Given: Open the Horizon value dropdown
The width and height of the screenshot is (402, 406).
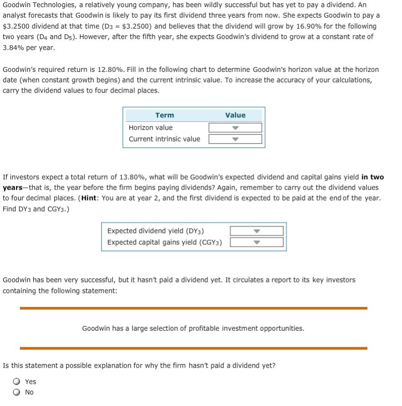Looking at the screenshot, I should point(235,128).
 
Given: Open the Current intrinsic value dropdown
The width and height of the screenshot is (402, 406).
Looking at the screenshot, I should point(235,139).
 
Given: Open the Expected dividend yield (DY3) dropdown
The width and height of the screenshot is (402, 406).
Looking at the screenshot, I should point(257,231).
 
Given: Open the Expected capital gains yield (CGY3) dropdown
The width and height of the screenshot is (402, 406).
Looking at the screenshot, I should point(257,242).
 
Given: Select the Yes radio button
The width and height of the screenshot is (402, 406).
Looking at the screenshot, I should point(17,382).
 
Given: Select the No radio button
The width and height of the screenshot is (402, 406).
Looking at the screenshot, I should point(17,392).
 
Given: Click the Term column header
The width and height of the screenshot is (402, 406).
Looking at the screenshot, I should point(164,115).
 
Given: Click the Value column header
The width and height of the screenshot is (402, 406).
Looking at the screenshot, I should point(235,115).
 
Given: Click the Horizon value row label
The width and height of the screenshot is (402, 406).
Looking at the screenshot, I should point(151,128).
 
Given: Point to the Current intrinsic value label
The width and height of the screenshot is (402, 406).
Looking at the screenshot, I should point(164,139).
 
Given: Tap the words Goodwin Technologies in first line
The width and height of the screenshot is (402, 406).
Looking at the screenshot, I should point(34,4).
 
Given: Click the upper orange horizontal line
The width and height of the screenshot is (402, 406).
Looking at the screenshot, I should point(193,308).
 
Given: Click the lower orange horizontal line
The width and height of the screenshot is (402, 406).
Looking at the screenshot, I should point(193,348).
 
